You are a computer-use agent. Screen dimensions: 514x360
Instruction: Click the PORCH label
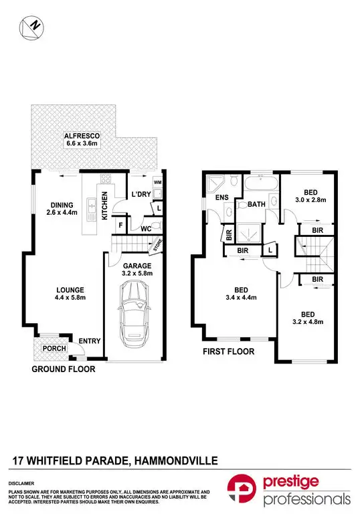(50, 348)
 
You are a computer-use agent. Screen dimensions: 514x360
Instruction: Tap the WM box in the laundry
(157, 182)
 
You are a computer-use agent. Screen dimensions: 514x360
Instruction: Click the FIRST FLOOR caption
(228, 351)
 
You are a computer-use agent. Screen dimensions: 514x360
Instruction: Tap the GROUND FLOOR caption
(63, 369)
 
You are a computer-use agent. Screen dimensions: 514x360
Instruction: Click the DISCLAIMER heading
(21, 483)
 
